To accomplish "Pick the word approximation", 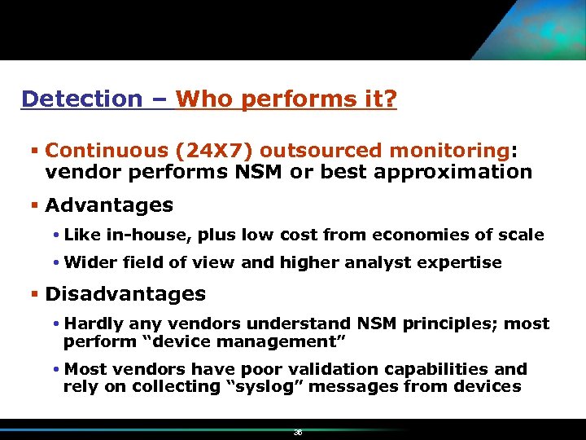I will [x=458, y=172].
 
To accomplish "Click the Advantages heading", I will [x=109, y=205].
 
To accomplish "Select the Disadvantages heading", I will [x=125, y=293].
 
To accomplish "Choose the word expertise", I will [x=466, y=262].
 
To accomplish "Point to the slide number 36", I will [x=298, y=433].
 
